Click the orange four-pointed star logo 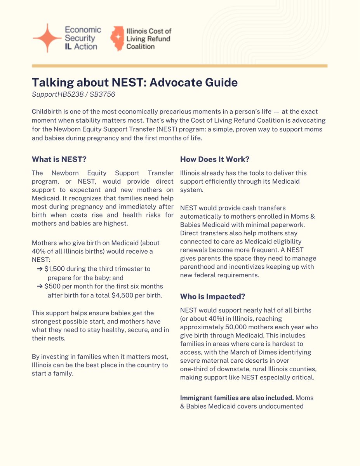(47, 38)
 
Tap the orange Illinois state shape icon (117, 38)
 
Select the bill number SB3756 (103, 94)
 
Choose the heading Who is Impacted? (212, 296)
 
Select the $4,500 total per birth (123, 295)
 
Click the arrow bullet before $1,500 (40, 269)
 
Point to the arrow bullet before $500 (40, 286)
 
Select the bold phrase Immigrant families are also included (237, 398)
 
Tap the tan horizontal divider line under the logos (180, 66)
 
